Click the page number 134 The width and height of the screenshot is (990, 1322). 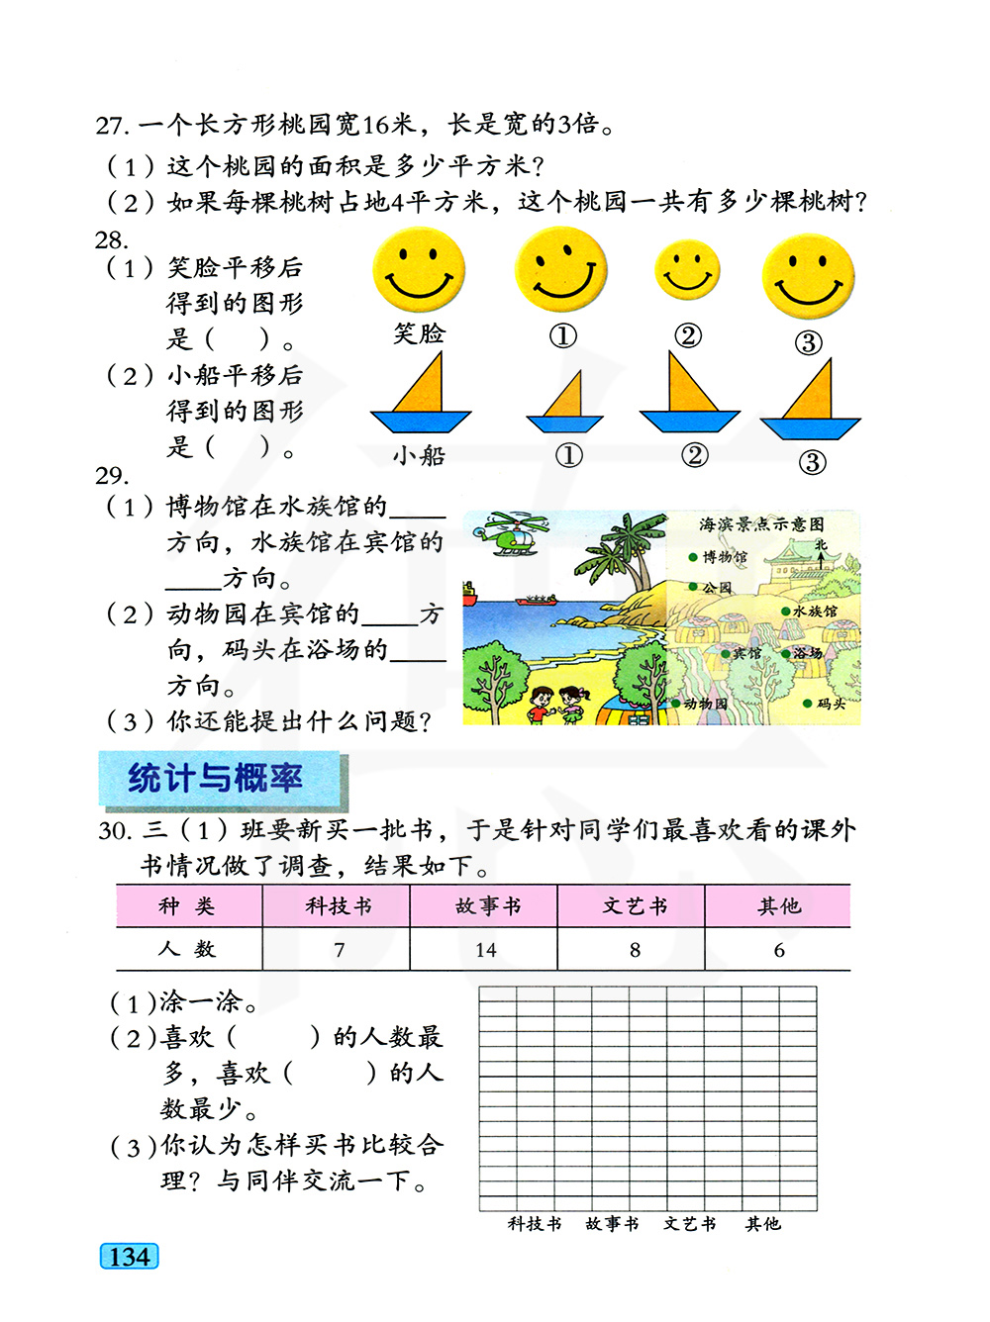point(130,1257)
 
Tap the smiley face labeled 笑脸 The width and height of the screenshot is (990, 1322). point(419,269)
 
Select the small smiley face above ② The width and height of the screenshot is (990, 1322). point(687,270)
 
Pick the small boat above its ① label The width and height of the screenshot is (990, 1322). point(565,405)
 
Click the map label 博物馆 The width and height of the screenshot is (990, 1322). point(724,557)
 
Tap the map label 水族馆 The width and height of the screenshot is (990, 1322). point(814,612)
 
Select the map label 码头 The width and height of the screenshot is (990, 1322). point(830,704)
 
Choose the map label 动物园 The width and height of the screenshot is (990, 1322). point(704,704)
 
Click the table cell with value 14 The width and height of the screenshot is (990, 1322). point(485,950)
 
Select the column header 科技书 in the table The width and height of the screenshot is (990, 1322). point(339,906)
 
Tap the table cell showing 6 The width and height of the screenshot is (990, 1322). point(779,950)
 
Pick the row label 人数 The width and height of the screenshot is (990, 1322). point(187,949)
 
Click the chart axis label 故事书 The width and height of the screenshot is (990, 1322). point(612,1224)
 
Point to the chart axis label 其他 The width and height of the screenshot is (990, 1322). point(763,1224)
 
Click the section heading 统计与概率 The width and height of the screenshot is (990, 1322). point(216,779)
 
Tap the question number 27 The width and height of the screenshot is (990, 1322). point(112,126)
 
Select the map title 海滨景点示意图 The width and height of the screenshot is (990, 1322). point(761,524)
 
